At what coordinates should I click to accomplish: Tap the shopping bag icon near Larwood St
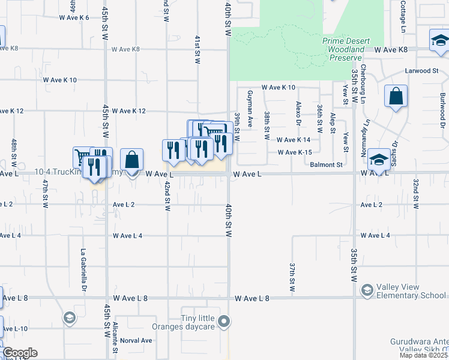click(x=396, y=97)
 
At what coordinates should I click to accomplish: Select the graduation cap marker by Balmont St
click(x=379, y=160)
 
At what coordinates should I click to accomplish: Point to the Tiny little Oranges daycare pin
click(x=224, y=322)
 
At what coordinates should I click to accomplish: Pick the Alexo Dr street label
click(x=298, y=113)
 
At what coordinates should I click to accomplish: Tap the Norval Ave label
click(x=136, y=340)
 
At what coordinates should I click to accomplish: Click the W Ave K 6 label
click(x=74, y=17)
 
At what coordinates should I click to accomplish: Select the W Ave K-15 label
click(x=294, y=152)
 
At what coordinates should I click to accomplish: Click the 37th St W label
click(x=292, y=276)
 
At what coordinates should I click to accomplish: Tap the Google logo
click(x=20, y=352)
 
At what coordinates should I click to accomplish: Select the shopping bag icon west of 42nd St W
click(x=132, y=160)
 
